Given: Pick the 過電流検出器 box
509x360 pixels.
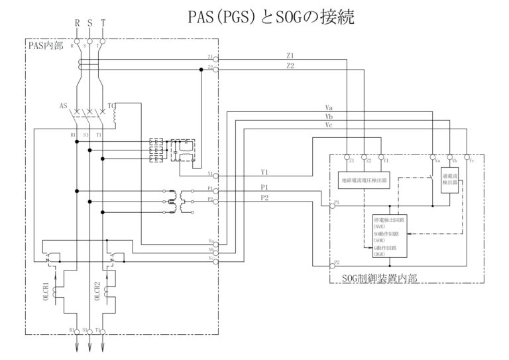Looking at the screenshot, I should pos(450,180).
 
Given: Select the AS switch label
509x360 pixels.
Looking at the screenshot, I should pos(63,105).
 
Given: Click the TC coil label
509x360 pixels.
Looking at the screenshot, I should pos(111,105).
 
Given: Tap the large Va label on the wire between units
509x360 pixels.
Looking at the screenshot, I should pos(329,107).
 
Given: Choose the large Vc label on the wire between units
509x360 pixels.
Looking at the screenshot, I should pos(329,124).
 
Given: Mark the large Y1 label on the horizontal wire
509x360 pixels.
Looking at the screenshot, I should pos(265,172).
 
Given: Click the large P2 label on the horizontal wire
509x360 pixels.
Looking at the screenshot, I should pos(265,197).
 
